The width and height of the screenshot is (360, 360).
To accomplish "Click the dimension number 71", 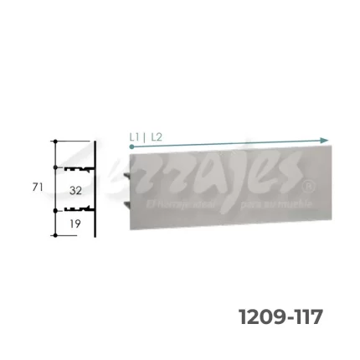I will (x=37, y=188).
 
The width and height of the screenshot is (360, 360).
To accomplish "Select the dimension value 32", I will (x=75, y=191).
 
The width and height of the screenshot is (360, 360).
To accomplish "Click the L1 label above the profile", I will (x=136, y=135).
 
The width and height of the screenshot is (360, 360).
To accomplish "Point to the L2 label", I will (x=157, y=135).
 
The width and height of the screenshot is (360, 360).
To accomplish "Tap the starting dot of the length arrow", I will (x=132, y=146).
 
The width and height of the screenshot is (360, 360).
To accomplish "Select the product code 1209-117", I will (x=280, y=317).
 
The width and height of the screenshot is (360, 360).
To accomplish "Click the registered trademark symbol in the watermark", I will (x=310, y=185).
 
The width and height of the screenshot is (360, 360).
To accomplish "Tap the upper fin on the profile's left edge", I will (x=126, y=176).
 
